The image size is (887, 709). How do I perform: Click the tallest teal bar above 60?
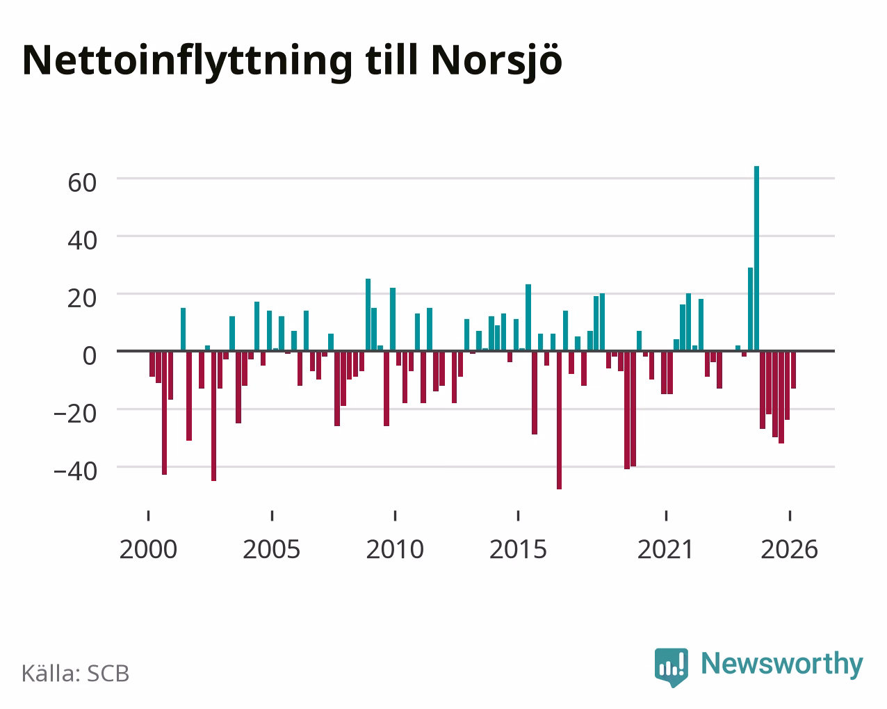pyautogui.click(x=756, y=259)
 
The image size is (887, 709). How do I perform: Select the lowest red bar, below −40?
pyautogui.click(x=559, y=420)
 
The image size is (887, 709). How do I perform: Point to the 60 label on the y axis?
pyautogui.click(x=82, y=183)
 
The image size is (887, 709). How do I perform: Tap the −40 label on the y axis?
pyautogui.click(x=76, y=471)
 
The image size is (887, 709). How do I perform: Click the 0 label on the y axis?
pyautogui.click(x=90, y=356)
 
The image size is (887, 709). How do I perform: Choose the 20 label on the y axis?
pyautogui.click(x=82, y=298)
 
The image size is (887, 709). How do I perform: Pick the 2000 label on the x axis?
pyautogui.click(x=148, y=549)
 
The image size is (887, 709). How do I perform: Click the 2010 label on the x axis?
pyautogui.click(x=395, y=549)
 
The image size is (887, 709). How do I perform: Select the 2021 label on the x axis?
pyautogui.click(x=666, y=549)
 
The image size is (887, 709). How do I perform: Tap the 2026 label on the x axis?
pyautogui.click(x=789, y=549)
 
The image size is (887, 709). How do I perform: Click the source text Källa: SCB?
pyautogui.click(x=76, y=674)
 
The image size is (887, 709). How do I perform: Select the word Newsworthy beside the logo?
pyautogui.click(x=782, y=665)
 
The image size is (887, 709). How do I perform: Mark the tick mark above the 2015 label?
pyautogui.click(x=518, y=516)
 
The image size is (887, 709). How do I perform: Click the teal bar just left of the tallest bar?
pyautogui.click(x=750, y=309)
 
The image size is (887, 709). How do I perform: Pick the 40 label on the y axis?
pyautogui.click(x=82, y=241)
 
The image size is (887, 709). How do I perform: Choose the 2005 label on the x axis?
pyautogui.click(x=272, y=549)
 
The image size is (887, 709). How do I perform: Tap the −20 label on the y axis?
pyautogui.click(x=76, y=414)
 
